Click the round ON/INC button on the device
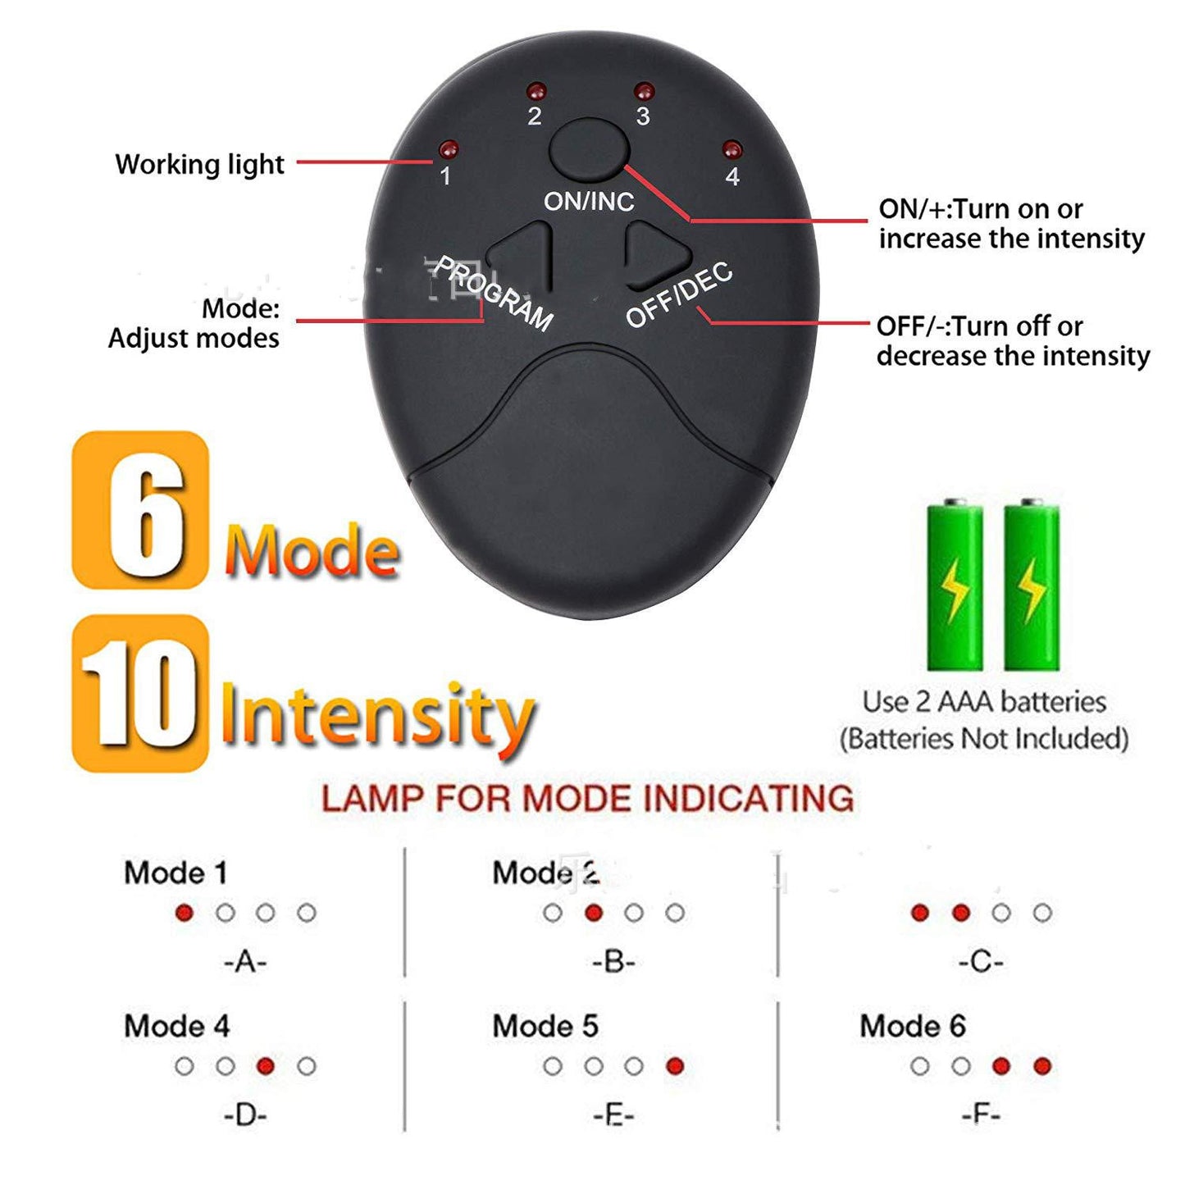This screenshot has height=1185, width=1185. [589, 149]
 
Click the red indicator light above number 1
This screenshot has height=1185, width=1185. [448, 150]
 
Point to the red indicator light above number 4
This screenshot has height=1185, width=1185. [732, 150]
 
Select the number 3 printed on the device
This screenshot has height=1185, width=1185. [643, 116]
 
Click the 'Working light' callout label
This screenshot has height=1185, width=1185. [199, 164]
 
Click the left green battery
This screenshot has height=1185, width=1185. [955, 589]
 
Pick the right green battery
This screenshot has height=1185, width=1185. [1032, 589]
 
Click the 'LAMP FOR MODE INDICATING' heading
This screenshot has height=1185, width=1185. [587, 799]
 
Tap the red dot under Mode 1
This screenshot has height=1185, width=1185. [185, 913]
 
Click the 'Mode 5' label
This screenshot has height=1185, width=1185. [545, 1026]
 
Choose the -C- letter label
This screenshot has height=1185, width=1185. [981, 961]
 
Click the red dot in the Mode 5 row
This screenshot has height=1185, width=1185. [675, 1066]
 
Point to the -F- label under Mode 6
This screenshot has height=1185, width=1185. [981, 1114]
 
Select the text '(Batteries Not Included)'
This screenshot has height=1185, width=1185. [984, 739]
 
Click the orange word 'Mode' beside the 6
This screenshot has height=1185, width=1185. [312, 550]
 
